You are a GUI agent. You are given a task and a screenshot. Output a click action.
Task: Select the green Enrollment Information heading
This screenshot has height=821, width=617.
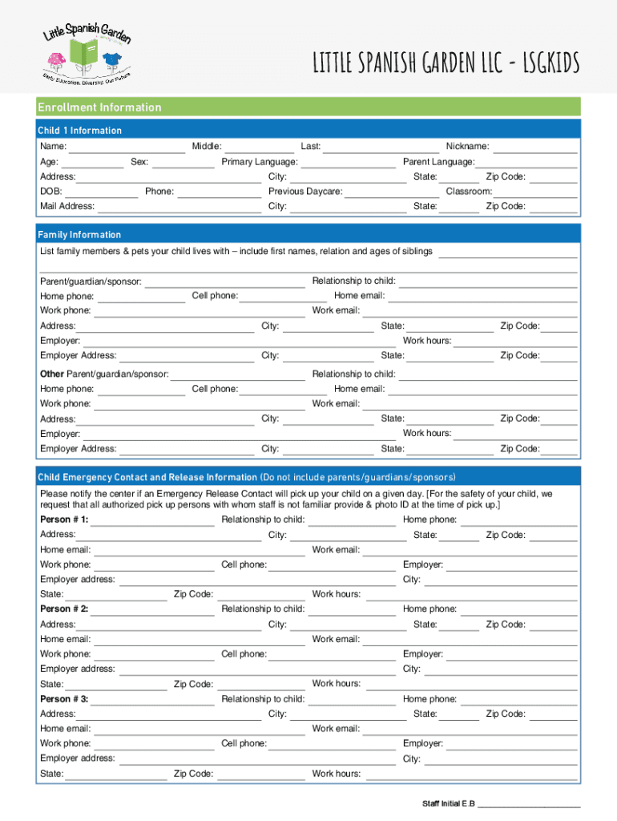tap(99, 107)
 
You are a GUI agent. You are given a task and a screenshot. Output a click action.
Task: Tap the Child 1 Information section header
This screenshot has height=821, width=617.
tap(80, 131)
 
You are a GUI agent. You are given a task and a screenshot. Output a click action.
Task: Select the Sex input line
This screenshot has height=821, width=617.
tap(183, 163)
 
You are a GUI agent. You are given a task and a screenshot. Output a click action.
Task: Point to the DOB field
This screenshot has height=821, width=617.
tap(101, 192)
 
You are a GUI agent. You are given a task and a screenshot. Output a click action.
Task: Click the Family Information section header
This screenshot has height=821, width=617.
tap(79, 235)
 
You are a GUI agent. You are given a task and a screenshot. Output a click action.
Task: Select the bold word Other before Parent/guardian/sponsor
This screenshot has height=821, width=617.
tap(52, 374)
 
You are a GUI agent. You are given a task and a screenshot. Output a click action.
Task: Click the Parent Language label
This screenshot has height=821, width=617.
tap(438, 162)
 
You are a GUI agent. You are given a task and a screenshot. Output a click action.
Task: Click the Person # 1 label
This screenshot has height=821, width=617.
tap(64, 520)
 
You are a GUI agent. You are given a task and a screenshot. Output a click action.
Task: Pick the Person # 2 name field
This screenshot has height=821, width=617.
tap(153, 610)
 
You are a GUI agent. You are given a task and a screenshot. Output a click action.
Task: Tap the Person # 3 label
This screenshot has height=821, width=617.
tap(64, 699)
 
